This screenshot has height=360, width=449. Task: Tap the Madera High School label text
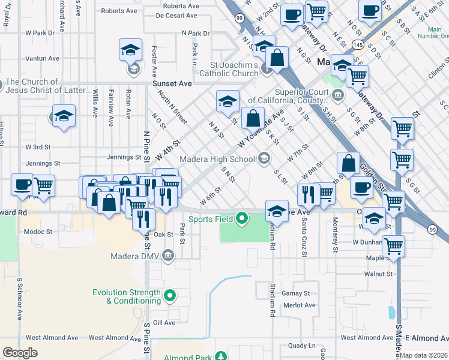217,159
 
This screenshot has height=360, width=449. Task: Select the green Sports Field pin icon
242,218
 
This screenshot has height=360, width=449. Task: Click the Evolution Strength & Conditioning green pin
170,295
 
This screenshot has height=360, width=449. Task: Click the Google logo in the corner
20,352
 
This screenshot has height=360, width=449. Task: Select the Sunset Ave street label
172,83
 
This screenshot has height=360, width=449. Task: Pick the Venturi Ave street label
42,59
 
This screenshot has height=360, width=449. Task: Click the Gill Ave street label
164,322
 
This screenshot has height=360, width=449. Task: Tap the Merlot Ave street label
301,305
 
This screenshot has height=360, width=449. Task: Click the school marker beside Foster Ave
130,52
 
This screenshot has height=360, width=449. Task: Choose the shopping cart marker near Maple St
393,245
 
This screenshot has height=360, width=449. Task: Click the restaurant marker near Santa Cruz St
307,193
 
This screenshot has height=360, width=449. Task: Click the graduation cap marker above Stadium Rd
276,210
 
